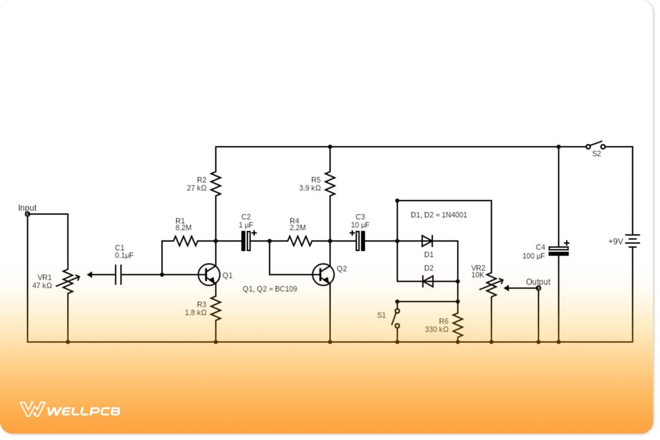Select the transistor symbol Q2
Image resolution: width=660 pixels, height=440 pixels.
point(323,274)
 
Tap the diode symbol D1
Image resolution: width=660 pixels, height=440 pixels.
point(427,240)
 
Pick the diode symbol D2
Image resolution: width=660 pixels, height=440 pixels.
point(427,281)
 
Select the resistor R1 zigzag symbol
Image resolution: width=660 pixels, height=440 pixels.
point(185,240)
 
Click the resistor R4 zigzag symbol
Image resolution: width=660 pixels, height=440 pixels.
point(299,240)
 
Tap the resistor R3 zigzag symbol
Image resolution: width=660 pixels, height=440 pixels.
point(216,309)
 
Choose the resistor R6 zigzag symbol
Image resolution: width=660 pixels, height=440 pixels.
point(458,327)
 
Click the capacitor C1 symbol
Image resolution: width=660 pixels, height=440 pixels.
point(118,274)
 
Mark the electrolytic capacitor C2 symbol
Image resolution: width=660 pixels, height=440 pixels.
point(246,240)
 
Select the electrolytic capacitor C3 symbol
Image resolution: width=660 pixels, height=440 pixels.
point(360,240)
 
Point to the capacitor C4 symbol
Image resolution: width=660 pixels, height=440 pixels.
point(558,251)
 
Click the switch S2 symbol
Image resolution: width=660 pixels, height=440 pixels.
point(595,146)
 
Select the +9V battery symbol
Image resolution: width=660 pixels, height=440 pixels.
point(632,240)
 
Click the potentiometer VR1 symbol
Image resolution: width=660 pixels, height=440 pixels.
point(68,281)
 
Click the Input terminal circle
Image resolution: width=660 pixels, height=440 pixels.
point(27,214)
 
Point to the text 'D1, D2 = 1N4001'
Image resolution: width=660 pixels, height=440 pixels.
point(438,215)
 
